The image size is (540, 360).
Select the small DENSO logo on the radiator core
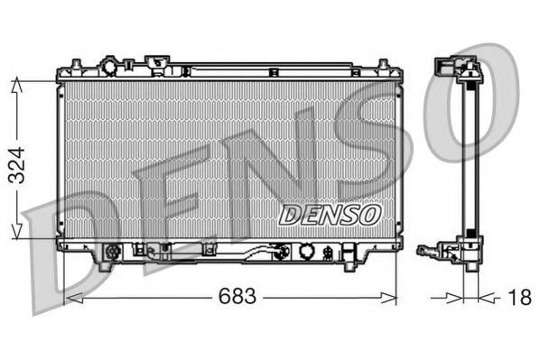[330, 215]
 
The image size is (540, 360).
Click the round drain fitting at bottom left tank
[113, 253]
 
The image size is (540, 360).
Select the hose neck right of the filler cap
[135, 67]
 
